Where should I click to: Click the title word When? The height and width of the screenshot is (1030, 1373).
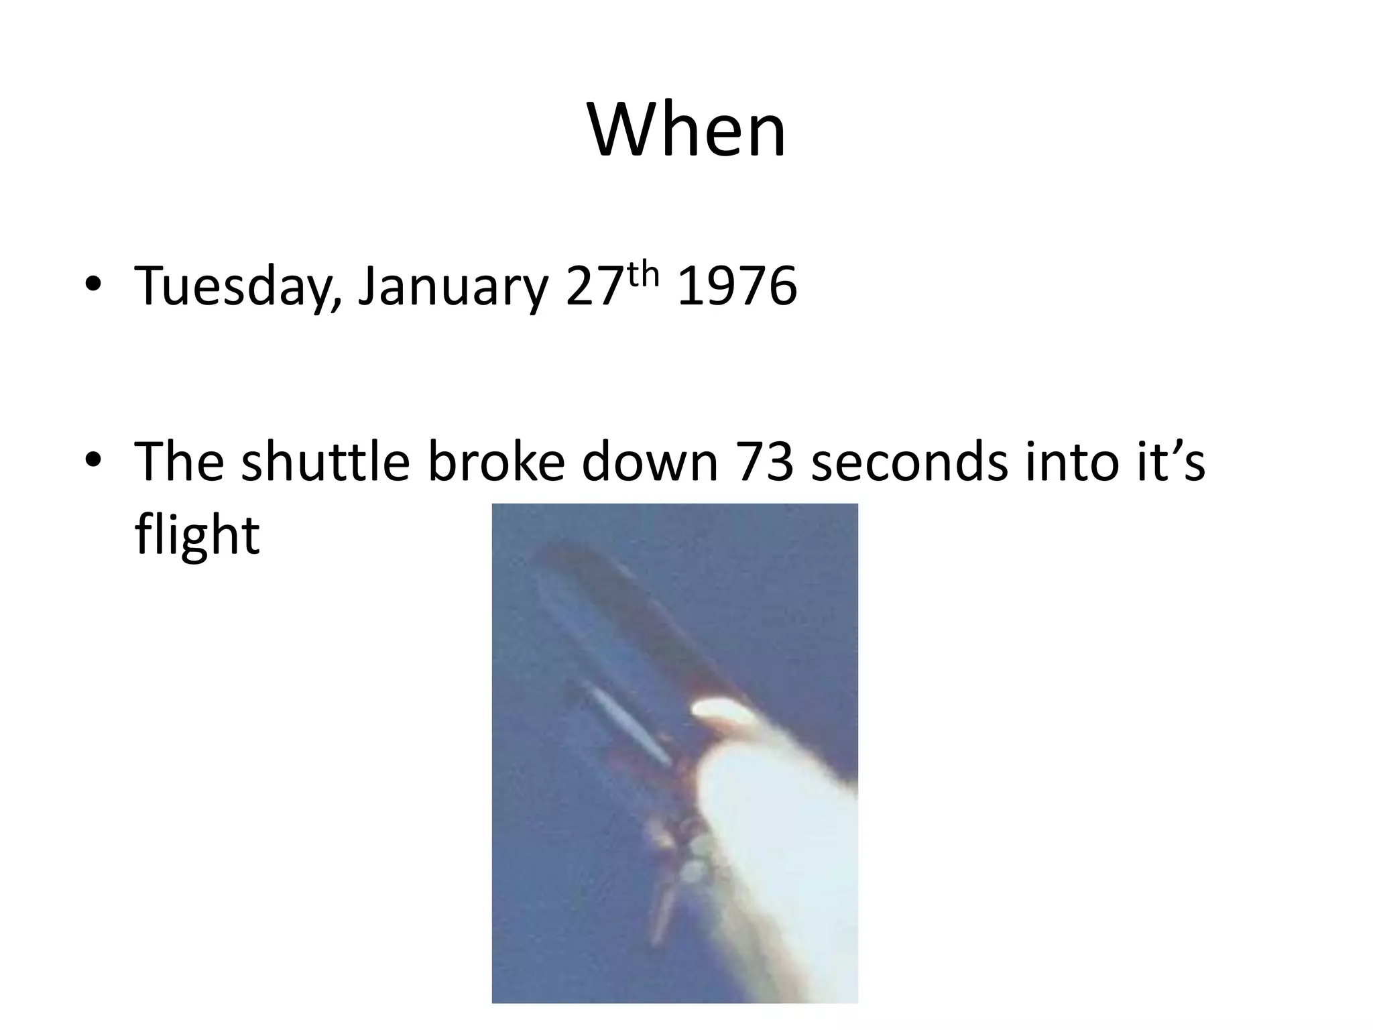(x=686, y=131)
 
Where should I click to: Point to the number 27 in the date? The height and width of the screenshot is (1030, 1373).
(x=593, y=286)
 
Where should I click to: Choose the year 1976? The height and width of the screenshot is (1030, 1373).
(x=737, y=286)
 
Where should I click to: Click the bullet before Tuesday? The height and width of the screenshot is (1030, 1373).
(x=93, y=285)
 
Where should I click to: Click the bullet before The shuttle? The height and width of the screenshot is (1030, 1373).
(x=93, y=461)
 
